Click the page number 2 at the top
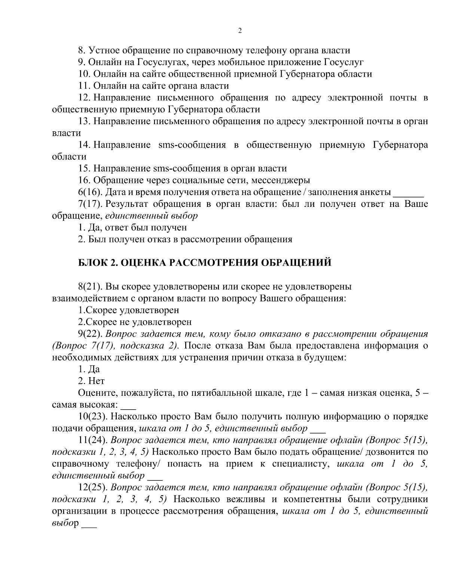pyautogui.click(x=240, y=31)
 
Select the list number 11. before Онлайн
pyautogui.click(x=84, y=86)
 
